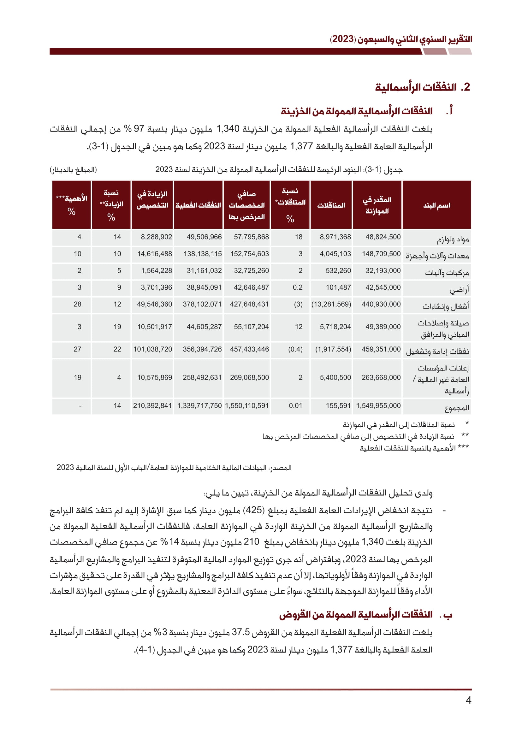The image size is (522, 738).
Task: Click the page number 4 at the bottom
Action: [x=468, y=700]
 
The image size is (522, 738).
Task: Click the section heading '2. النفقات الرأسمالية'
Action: [x=422, y=87]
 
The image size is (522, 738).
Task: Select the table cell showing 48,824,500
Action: [x=383, y=237]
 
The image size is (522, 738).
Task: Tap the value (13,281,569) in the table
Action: [x=331, y=304]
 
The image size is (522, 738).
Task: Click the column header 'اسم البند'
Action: [x=436, y=205]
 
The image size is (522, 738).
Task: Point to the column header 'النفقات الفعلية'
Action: [x=198, y=205]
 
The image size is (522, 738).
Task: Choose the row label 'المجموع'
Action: [x=457, y=408]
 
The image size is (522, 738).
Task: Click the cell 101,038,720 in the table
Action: [x=153, y=349]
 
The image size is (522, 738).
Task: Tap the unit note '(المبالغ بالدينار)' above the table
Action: [x=73, y=169]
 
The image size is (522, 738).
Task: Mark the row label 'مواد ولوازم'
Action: [x=453, y=239]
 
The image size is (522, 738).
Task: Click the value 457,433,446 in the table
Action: [x=249, y=349]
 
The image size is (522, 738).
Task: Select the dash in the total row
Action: [x=80, y=406]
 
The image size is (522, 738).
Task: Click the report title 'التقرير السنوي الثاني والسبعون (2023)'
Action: [x=400, y=39]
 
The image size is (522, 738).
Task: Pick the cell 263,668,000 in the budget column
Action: [x=381, y=377]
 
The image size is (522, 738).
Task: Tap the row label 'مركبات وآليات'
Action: [x=447, y=273]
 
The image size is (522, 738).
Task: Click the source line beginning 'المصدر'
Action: [x=174, y=468]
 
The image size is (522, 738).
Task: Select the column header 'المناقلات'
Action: [x=331, y=205]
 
